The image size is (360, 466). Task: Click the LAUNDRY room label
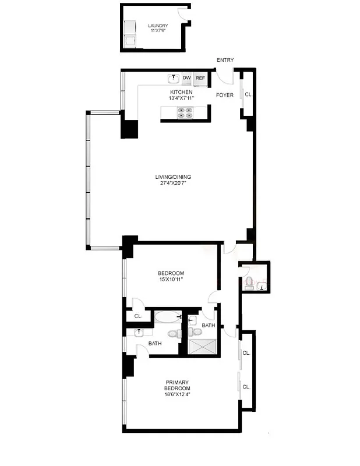[158, 26]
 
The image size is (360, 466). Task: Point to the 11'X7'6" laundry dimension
[158, 31]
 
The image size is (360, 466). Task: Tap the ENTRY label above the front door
[225, 60]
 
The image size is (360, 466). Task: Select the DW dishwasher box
[187, 77]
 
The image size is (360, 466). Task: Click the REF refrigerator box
[200, 77]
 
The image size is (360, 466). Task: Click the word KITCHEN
[181, 92]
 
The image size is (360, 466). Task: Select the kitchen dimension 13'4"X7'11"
[181, 98]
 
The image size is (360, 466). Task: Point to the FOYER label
[225, 94]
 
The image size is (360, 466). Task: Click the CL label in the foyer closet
[248, 94]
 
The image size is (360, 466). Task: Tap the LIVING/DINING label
[172, 177]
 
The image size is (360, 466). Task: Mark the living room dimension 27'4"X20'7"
[172, 183]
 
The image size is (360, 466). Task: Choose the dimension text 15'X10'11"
[171, 280]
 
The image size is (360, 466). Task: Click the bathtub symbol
[167, 318]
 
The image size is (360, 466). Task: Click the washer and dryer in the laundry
[130, 34]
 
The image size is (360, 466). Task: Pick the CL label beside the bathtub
[138, 316]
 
